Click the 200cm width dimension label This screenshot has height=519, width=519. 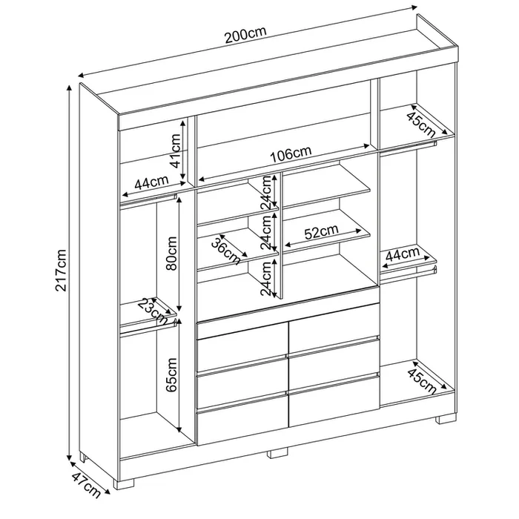tap(245, 34)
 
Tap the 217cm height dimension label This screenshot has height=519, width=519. tap(62, 271)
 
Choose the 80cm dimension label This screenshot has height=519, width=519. tap(172, 254)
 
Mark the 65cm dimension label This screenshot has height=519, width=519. tap(172, 374)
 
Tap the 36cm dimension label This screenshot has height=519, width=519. tap(226, 251)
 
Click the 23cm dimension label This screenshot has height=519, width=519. tap(153, 311)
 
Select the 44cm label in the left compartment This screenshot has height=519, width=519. tap(151, 182)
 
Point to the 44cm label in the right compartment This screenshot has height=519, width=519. tap(403, 254)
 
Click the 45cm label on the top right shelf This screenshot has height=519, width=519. tap(420, 125)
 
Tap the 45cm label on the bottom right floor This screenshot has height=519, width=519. tap(422, 381)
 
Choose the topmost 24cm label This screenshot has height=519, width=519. tap(266, 193)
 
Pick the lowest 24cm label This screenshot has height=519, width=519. tap(266, 278)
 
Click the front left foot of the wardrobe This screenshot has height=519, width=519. tap(124, 483)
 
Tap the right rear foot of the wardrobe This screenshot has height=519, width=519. tap(446, 419)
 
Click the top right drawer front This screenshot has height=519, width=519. tap(334, 328)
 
